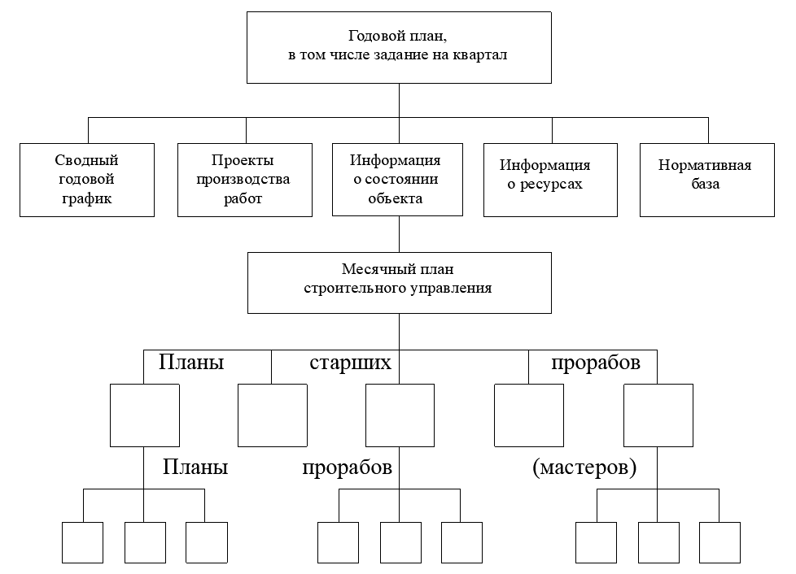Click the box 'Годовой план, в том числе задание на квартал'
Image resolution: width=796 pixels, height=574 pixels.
pyautogui.click(x=399, y=48)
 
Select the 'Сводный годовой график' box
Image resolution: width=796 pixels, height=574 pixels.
pyautogui.click(x=87, y=180)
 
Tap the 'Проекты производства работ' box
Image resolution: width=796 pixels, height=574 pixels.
pyautogui.click(x=245, y=180)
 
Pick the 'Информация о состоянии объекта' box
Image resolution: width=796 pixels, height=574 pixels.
pyautogui.click(x=397, y=180)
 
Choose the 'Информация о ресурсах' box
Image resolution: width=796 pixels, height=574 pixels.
pyautogui.click(x=550, y=180)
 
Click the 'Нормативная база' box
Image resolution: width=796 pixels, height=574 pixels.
pyautogui.click(x=707, y=180)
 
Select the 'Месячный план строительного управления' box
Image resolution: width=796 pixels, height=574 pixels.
pyautogui.click(x=400, y=283)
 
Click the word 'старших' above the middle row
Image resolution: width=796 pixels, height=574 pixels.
pyautogui.click(x=350, y=362)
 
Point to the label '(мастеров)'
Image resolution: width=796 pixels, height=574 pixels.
pyautogui.click(x=584, y=467)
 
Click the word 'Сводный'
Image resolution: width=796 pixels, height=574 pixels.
pyautogui.click(x=87, y=160)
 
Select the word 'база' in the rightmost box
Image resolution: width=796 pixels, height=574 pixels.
pyautogui.click(x=705, y=184)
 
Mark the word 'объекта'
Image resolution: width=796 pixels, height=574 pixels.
pyautogui.click(x=396, y=198)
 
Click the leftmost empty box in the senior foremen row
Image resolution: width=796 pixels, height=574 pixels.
pyautogui.click(x=145, y=415)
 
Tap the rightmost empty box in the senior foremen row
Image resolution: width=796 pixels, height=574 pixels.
pyautogui.click(x=658, y=415)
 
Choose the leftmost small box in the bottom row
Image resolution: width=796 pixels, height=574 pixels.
pyautogui.click(x=83, y=542)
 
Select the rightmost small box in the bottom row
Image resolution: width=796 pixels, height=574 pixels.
pyautogui.click(x=719, y=542)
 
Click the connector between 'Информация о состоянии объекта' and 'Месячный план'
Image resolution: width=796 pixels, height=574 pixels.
pyautogui.click(x=399, y=234)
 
